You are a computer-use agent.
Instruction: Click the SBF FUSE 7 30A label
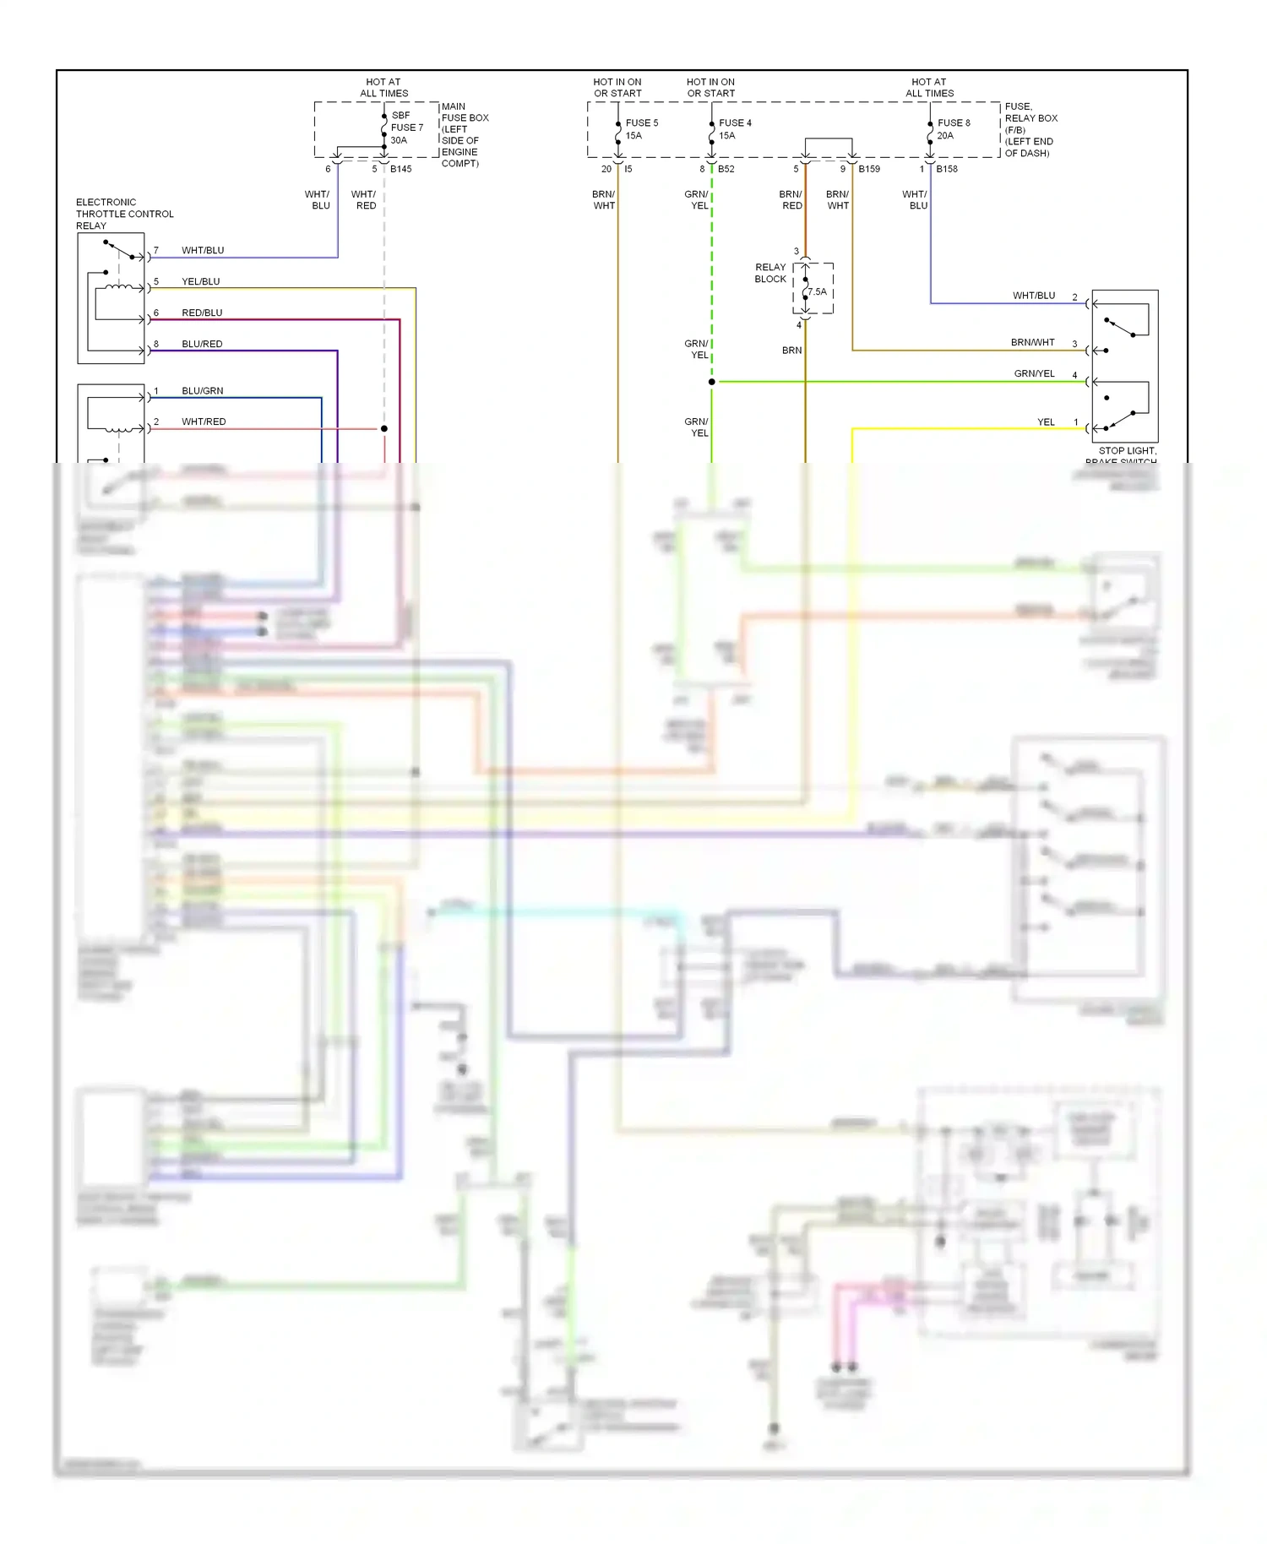pos(406,128)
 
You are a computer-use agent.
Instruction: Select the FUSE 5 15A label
pos(641,128)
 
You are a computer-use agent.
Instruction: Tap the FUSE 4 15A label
pos(734,128)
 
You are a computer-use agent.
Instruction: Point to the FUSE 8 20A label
pos(953,128)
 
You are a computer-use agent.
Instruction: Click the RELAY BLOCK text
pos(769,273)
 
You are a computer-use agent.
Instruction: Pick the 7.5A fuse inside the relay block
pos(816,292)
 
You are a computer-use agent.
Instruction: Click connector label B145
pos(400,169)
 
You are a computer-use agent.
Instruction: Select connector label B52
pos(726,169)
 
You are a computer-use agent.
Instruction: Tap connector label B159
pos(868,169)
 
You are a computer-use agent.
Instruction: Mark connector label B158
pos(946,169)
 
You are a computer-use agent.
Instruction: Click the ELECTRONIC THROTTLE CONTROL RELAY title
pos(124,214)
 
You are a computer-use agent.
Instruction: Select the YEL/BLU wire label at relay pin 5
pos(200,281)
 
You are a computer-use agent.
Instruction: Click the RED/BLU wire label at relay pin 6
pos(202,313)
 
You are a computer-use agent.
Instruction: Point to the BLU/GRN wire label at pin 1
pos(202,390)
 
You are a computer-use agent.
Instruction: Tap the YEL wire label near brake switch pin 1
pos(1046,421)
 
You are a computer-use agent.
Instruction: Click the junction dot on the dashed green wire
pos(712,382)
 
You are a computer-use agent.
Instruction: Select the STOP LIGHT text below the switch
pos(1127,451)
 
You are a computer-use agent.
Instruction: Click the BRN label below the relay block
pos(791,350)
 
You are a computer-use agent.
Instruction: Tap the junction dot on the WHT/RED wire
pos(383,429)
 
